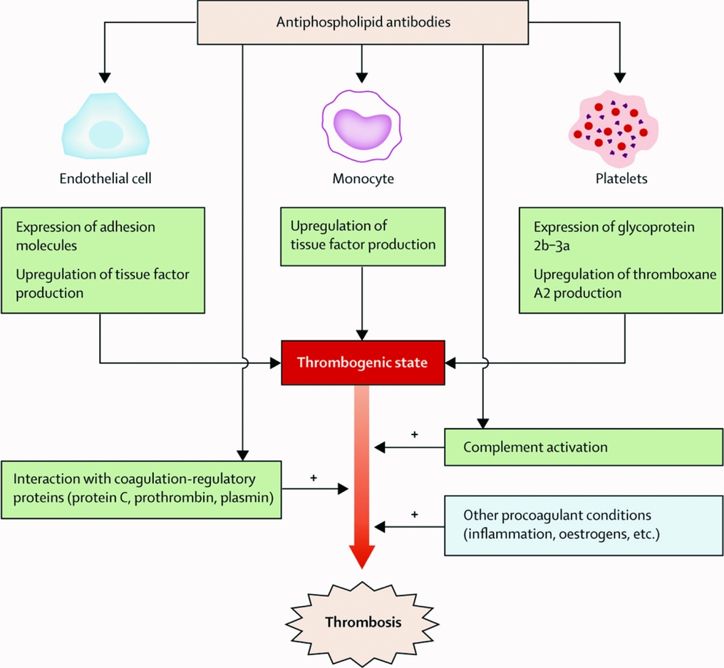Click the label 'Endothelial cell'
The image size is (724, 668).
pos(105,179)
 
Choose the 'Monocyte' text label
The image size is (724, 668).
pos(363,179)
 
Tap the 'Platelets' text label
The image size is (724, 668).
pos(622,179)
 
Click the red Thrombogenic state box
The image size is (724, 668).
pos(362,362)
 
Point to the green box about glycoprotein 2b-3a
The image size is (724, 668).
pos(620,260)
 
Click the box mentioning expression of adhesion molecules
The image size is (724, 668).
pos(103,260)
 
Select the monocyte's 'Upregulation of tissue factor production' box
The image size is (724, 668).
pos(363,235)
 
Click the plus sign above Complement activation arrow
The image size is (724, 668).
pos(414,434)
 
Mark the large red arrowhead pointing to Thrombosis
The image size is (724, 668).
pos(363,554)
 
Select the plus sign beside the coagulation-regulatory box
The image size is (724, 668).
pos(313,477)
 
